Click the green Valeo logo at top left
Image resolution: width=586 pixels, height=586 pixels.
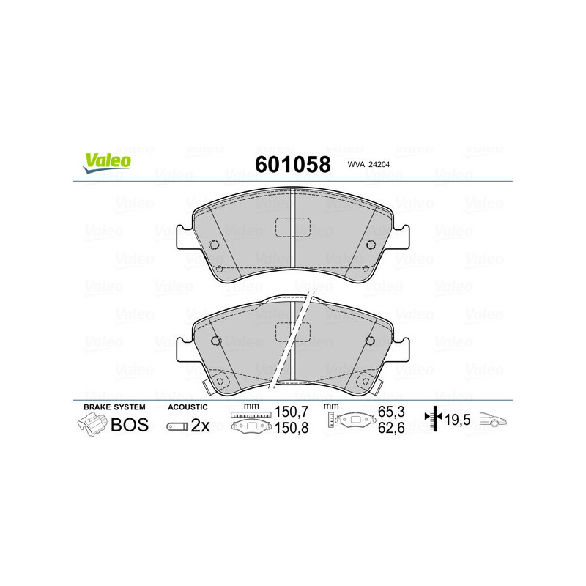click(107, 163)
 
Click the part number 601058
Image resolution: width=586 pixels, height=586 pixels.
click(292, 164)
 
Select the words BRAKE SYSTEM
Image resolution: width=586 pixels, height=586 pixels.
click(114, 407)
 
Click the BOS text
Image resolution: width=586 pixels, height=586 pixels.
click(129, 424)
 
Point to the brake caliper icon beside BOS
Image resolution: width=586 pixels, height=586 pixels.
click(92, 423)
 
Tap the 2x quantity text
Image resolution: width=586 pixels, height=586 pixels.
click(200, 426)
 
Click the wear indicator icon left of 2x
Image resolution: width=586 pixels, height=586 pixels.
click(177, 426)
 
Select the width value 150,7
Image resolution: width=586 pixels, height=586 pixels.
click(289, 412)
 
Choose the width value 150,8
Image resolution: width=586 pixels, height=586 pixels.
click(289, 429)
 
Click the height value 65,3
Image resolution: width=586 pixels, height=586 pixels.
click(392, 412)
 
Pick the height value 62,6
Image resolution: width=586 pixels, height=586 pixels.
click(392, 429)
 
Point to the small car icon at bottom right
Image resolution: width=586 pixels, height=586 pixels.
click(496, 420)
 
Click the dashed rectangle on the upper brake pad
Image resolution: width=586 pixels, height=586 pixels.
click(293, 229)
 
